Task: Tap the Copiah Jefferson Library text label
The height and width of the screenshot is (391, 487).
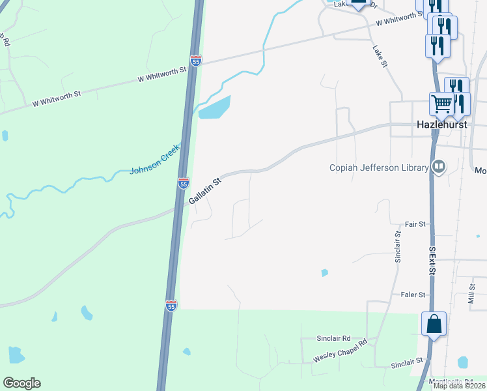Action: coord(380,167)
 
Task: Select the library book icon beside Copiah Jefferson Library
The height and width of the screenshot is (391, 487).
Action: coord(439,167)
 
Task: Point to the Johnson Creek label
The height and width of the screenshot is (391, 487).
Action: coord(154,160)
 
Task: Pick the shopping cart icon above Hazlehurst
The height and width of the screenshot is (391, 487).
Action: coord(442,103)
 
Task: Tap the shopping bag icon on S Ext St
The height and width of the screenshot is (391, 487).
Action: coord(434,325)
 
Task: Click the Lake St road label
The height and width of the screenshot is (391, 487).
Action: coord(380,56)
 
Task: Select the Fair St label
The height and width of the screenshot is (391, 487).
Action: coord(415,224)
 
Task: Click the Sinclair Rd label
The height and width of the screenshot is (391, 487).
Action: coord(333,338)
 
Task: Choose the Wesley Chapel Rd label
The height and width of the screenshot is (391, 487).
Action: coord(340,351)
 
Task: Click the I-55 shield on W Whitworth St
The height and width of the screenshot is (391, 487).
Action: coord(196,61)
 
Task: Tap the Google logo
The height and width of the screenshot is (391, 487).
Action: coord(21,383)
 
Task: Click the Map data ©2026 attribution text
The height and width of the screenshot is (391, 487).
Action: coord(458,386)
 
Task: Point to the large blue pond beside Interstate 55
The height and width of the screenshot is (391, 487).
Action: coord(215,108)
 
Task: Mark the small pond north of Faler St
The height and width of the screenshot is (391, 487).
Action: coord(324,273)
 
